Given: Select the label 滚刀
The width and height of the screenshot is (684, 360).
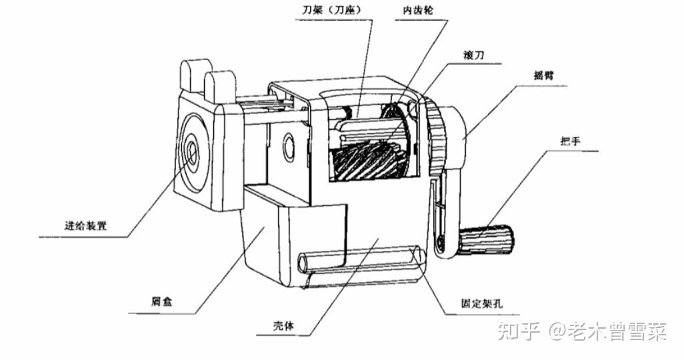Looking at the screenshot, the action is (471, 55).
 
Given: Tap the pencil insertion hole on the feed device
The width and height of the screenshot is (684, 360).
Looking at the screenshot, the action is (192, 152).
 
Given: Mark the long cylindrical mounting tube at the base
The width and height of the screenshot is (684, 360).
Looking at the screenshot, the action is (360, 260).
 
